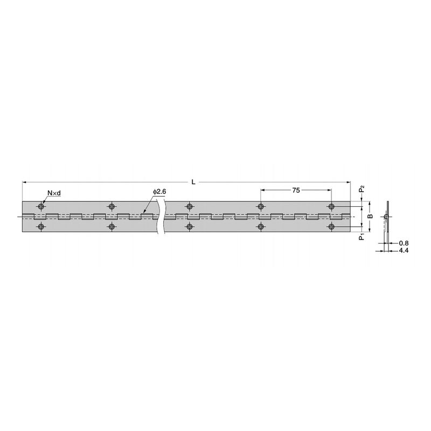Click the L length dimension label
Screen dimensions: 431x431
tap(193, 182)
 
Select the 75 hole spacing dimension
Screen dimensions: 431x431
tap(296, 190)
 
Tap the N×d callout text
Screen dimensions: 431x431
tap(54, 193)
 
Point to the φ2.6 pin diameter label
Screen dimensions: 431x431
tap(159, 192)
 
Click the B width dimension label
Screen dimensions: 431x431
tap(371, 217)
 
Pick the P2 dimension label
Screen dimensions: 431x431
tap(362, 189)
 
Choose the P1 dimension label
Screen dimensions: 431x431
tap(362, 237)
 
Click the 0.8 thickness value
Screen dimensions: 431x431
tap(404, 243)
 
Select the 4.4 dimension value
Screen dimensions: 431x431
tap(404, 251)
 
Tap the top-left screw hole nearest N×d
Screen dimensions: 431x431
tap(41, 206)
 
